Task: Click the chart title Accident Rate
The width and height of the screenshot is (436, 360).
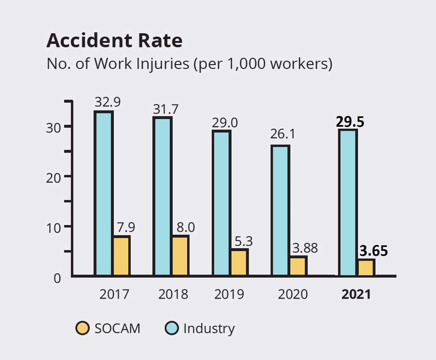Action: pos(114,41)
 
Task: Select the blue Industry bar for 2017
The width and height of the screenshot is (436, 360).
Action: pos(103,193)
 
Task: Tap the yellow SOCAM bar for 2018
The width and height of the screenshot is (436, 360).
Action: pos(180,256)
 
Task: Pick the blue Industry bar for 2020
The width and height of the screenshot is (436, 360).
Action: pos(280,211)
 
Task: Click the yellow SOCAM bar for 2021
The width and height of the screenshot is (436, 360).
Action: pos(366,267)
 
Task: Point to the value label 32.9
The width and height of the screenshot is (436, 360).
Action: pos(108,102)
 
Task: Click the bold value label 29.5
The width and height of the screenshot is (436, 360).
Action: pos(350,122)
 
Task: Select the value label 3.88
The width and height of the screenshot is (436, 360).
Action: pos(305,248)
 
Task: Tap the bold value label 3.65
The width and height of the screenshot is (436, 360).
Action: pos(374,251)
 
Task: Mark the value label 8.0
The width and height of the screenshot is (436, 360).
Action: pos(186,227)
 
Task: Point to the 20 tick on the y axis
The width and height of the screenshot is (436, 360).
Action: pos(53,178)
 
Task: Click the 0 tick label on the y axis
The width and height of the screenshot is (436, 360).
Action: pos(57,278)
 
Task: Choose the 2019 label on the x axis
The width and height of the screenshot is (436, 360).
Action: pos(229,294)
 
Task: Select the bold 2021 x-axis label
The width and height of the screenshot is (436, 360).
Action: pos(356,294)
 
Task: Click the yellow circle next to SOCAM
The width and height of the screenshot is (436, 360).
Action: pos(82,328)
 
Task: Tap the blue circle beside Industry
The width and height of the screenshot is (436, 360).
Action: pos(171,328)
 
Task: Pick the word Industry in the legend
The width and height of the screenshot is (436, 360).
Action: pos(209,328)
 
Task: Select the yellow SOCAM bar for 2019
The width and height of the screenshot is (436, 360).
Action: pos(240,262)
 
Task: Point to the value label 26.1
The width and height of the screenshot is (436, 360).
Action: pos(283,134)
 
